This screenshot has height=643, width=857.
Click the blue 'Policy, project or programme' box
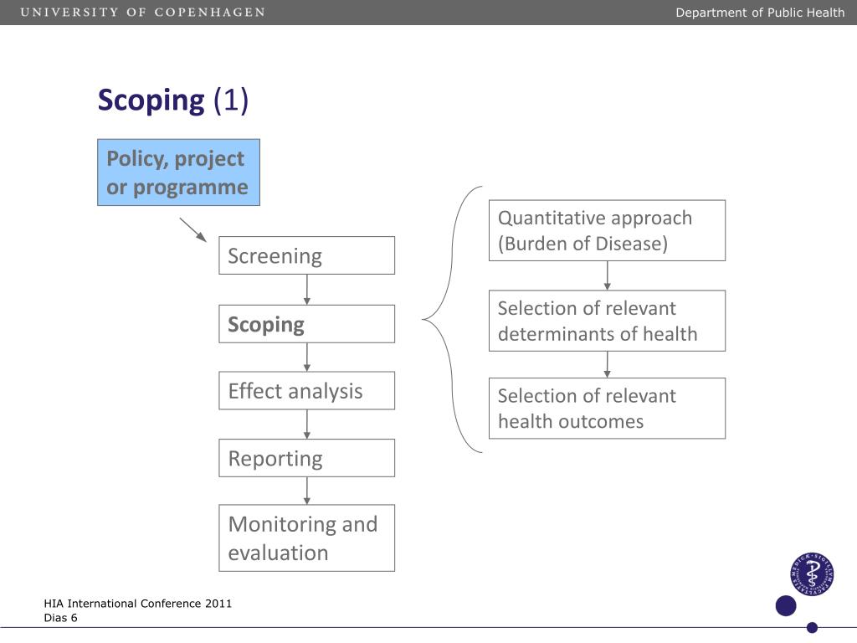tap(178, 172)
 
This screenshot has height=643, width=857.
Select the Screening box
tap(306, 255)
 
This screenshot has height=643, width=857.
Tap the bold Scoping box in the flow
tap(306, 324)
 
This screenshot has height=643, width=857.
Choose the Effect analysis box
tap(306, 391)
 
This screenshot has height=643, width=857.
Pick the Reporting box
tap(306, 458)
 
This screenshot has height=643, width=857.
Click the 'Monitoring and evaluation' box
tap(306, 538)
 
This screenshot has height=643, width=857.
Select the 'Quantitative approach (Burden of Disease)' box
tap(607, 230)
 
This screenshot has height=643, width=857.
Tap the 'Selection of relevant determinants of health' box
tap(607, 321)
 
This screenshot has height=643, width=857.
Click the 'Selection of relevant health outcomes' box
tap(607, 409)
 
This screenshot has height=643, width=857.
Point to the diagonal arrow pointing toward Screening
tap(193, 229)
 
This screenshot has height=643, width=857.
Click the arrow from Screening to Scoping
tap(307, 290)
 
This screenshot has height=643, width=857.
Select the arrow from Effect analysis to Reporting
tap(307, 424)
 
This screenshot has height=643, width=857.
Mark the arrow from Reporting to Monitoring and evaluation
tap(307, 491)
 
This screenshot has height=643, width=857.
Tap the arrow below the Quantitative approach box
tap(608, 275)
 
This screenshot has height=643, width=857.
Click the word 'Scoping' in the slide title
tap(151, 100)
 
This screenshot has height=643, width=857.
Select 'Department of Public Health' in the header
tap(760, 13)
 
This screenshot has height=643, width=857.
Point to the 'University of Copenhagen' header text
tap(143, 13)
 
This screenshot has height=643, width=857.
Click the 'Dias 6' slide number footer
tap(61, 618)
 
